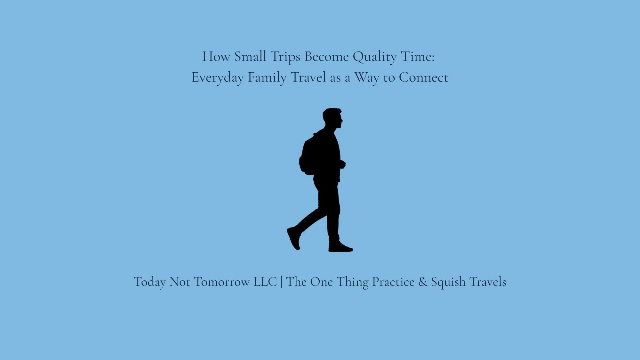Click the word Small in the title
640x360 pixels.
click(x=250, y=57)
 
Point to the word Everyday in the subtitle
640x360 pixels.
click(x=218, y=78)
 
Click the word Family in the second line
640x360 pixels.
click(x=267, y=78)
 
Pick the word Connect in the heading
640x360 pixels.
click(x=423, y=77)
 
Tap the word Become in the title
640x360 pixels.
click(x=326, y=57)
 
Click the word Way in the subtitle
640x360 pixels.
click(x=367, y=78)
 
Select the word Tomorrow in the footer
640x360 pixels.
click(x=222, y=282)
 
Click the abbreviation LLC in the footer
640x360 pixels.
click(x=265, y=282)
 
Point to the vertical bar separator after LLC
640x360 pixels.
click(x=282, y=282)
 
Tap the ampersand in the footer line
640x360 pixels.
click(x=422, y=282)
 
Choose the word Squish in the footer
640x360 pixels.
click(x=448, y=282)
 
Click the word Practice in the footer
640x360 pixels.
click(x=393, y=282)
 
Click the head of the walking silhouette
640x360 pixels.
click(x=332, y=117)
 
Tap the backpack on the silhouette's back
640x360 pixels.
click(x=308, y=157)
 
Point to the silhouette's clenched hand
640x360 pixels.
click(x=342, y=164)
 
